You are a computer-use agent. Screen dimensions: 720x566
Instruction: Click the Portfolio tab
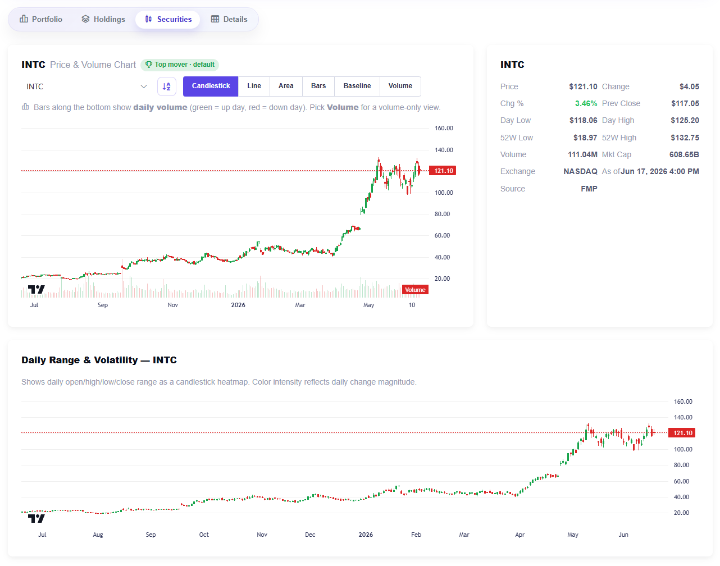[x=41, y=19]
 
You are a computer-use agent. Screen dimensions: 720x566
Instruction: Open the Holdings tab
[x=103, y=19]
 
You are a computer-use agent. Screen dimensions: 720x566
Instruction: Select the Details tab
[x=229, y=19]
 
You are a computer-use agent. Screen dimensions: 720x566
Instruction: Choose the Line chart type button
[x=254, y=86]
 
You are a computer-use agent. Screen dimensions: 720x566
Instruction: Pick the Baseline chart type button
[x=357, y=86]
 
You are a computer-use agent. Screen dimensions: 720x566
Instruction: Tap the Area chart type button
[x=286, y=86]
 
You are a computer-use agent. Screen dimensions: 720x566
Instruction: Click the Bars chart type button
[x=318, y=86]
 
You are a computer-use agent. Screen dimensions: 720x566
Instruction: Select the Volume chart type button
[x=400, y=86]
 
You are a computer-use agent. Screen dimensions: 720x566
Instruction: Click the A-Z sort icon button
[x=167, y=86]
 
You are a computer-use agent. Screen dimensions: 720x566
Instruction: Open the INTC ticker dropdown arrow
[x=144, y=86]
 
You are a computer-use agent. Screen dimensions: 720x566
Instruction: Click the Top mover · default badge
[x=180, y=65]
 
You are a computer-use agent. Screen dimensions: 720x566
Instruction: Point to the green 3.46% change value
[x=586, y=103]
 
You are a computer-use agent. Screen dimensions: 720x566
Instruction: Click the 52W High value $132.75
[x=685, y=138]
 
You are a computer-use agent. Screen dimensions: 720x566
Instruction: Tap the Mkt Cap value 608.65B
[x=684, y=154]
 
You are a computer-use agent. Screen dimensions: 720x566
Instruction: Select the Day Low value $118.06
[x=583, y=120]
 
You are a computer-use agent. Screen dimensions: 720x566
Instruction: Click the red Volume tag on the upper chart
[x=415, y=290]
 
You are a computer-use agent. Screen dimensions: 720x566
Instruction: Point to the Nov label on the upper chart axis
[x=172, y=305]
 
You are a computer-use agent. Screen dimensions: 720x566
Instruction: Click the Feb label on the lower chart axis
[x=416, y=535]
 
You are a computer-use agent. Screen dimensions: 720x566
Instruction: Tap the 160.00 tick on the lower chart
[x=683, y=401]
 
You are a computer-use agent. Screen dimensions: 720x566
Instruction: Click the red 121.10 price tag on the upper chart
[x=443, y=171]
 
